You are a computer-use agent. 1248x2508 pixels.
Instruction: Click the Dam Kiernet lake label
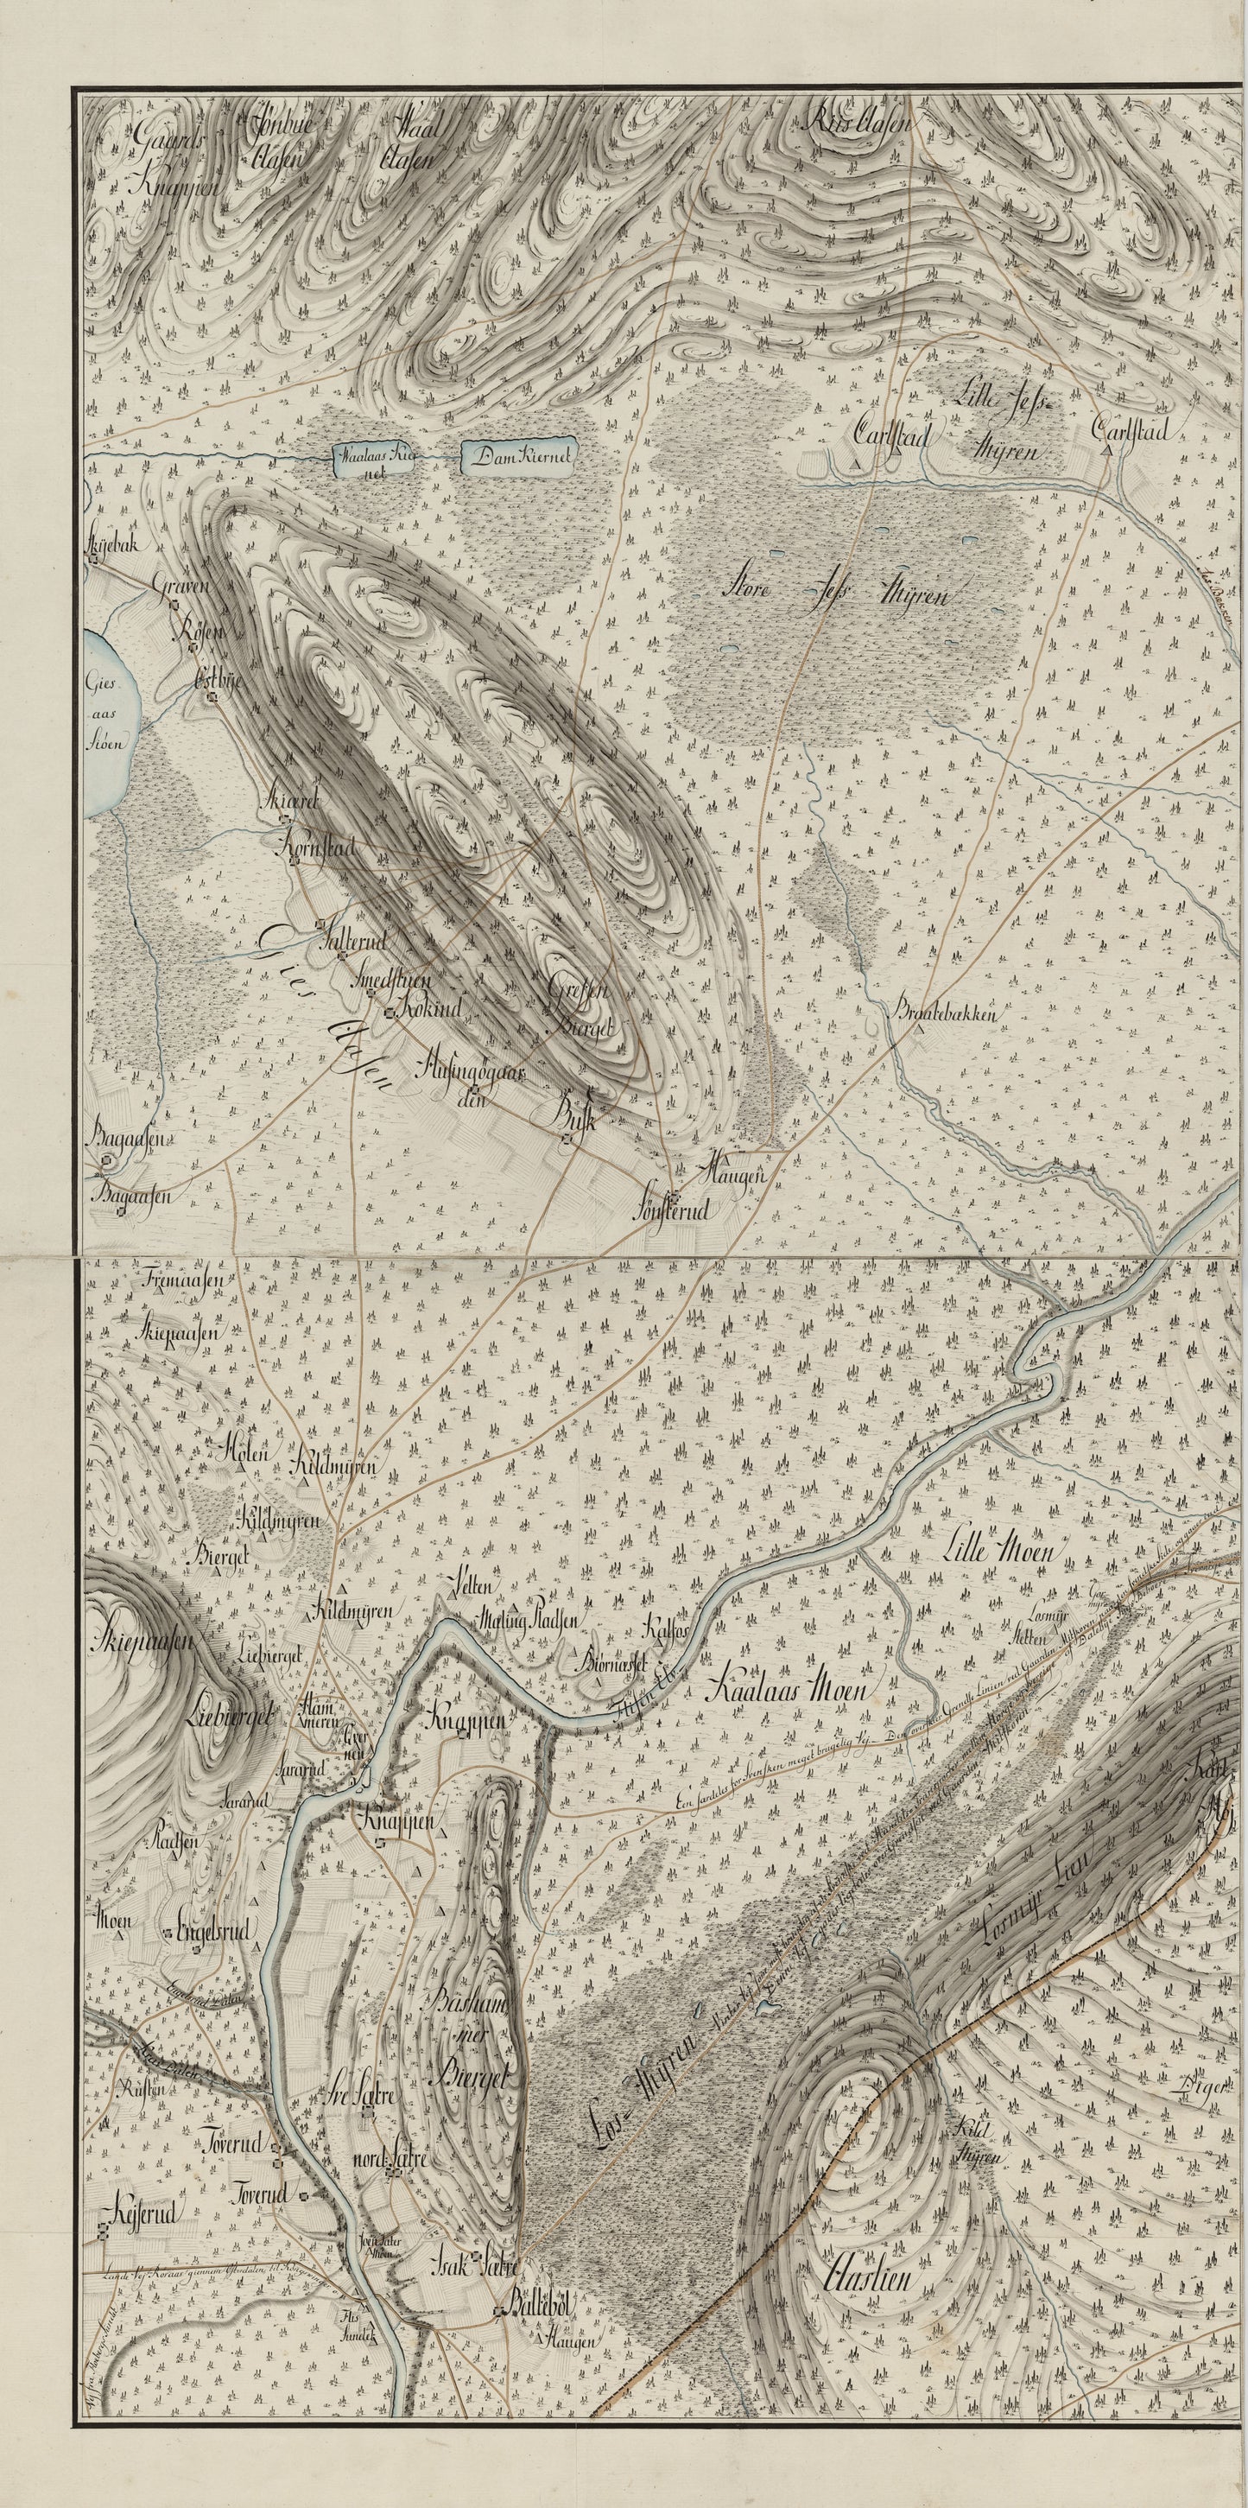pyautogui.click(x=520, y=454)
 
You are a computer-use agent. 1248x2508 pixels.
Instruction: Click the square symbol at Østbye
pyautogui.click(x=207, y=696)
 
